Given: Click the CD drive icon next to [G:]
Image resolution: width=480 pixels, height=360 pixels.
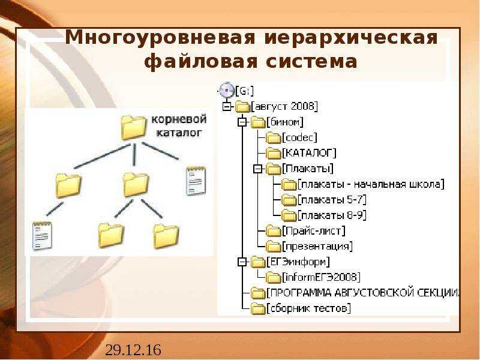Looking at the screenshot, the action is click(x=227, y=91).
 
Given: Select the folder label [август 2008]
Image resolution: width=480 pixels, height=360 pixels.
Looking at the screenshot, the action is click(x=284, y=107).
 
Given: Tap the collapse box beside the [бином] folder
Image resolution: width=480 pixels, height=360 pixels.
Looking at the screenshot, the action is click(x=242, y=122).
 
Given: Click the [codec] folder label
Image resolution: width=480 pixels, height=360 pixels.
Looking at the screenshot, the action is click(x=299, y=137).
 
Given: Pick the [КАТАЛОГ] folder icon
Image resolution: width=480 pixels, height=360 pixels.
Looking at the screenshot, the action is click(x=274, y=153).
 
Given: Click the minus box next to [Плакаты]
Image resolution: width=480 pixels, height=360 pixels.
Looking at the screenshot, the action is click(x=258, y=169).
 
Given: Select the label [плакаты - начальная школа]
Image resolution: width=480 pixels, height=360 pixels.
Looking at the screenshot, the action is click(x=371, y=184).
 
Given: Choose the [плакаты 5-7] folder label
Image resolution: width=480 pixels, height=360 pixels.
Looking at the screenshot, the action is click(x=332, y=200).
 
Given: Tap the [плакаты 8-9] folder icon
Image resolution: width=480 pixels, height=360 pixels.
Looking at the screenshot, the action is click(x=289, y=215).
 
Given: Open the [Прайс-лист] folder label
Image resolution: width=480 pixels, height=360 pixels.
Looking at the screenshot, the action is click(x=314, y=231).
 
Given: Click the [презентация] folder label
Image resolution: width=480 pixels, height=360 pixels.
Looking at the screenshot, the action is click(x=317, y=247).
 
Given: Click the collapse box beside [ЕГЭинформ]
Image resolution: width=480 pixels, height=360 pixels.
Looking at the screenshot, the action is click(x=242, y=262).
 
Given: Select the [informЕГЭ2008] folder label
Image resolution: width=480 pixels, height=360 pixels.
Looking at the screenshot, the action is click(x=321, y=277).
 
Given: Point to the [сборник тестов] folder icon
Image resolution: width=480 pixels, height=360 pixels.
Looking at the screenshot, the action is click(x=258, y=308).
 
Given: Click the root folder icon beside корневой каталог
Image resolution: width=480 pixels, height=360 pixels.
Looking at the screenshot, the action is click(x=133, y=127).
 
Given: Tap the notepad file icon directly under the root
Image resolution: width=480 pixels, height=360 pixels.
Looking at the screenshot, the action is click(x=196, y=181).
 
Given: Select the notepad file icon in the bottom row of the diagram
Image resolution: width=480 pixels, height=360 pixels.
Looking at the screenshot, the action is click(x=42, y=235).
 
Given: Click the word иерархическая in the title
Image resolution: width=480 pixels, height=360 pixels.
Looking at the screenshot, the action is click(x=351, y=38).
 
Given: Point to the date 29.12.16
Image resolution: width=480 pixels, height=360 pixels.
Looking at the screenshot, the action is click(x=133, y=350).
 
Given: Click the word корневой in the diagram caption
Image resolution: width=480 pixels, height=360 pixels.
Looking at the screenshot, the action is click(x=179, y=119).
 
